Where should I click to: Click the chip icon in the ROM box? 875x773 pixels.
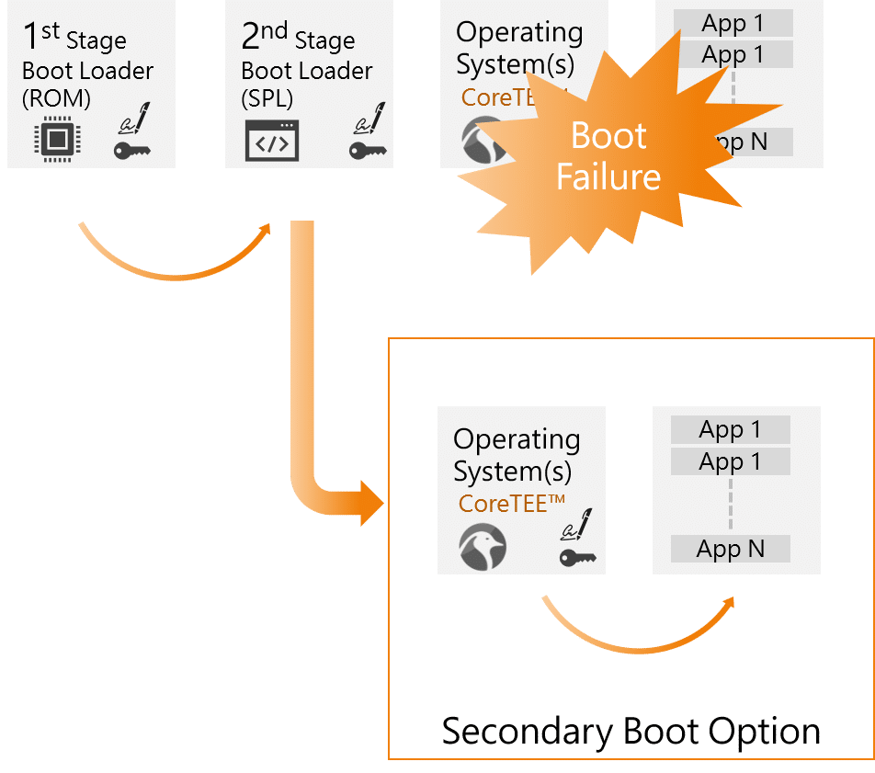coord(55,140)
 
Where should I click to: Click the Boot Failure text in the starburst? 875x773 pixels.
coord(608,155)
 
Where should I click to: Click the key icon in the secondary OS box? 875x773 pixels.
coord(576,556)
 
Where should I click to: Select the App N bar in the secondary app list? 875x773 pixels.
coord(731,550)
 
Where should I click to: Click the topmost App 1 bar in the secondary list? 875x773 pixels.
coord(731,429)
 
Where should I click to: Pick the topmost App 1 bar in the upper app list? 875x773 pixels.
coord(733,23)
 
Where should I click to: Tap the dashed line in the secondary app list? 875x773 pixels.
coord(731,504)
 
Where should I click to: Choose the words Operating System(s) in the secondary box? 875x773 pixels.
coord(516,456)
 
